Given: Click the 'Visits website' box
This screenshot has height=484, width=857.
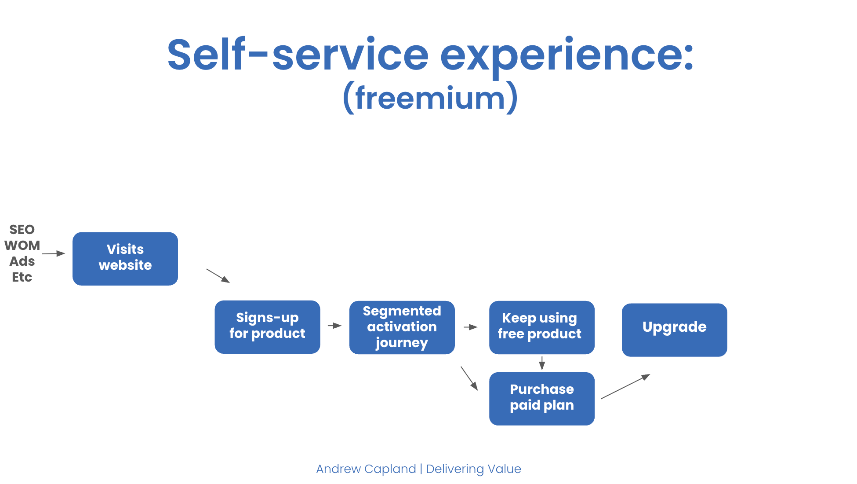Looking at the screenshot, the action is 125,259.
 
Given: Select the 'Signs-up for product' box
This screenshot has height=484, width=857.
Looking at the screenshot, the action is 267,327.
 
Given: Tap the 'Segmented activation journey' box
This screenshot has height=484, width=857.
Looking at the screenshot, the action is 402,327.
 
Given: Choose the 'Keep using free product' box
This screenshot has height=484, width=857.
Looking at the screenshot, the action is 542,327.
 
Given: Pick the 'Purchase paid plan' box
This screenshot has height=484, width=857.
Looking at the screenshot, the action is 542,399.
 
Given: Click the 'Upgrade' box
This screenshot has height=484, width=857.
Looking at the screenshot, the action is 675,330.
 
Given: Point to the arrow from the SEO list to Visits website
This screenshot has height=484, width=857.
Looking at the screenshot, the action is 54,253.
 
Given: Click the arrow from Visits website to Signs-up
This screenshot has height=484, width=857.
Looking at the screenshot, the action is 218,276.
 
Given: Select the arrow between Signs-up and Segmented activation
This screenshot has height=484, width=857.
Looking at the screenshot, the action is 335,326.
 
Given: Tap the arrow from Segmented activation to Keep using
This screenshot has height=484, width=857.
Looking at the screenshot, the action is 471,327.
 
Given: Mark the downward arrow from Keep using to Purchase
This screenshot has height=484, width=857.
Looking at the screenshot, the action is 542,363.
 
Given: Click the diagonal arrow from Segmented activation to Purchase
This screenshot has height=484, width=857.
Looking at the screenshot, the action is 469,378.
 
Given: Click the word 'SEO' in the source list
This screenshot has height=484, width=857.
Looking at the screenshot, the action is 22,230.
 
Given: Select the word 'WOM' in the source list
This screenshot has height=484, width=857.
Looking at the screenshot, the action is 22,246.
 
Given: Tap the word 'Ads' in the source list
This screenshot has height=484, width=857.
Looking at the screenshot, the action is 22,261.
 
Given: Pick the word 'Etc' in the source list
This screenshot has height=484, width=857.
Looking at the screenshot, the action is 22,277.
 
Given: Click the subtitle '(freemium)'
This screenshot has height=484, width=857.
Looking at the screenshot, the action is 430,98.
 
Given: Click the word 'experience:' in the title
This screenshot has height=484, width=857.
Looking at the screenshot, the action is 567,55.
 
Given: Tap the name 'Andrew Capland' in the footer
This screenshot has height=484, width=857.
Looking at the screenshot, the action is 366,469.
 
